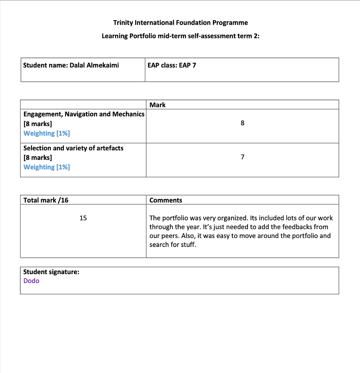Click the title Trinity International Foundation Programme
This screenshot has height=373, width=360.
click(x=180, y=23)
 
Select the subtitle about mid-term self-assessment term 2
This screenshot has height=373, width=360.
click(x=180, y=36)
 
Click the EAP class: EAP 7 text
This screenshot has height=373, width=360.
click(x=172, y=65)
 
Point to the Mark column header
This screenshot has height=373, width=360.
click(x=157, y=105)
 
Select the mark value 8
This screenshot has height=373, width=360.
click(x=242, y=123)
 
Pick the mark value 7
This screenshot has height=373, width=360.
click(x=242, y=157)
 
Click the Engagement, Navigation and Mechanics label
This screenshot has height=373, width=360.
click(x=84, y=114)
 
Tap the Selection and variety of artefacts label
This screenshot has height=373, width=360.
click(x=73, y=148)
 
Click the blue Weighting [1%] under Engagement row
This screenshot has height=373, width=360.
click(x=47, y=133)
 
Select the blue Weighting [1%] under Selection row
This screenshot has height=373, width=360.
click(x=47, y=167)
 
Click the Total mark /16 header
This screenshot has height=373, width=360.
click(x=46, y=200)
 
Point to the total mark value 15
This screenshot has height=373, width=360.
click(x=83, y=218)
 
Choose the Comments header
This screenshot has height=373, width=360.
click(x=166, y=200)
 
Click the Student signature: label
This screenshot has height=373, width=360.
click(x=51, y=272)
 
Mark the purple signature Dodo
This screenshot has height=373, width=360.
click(x=31, y=281)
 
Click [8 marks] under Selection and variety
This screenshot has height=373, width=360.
click(x=38, y=157)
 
